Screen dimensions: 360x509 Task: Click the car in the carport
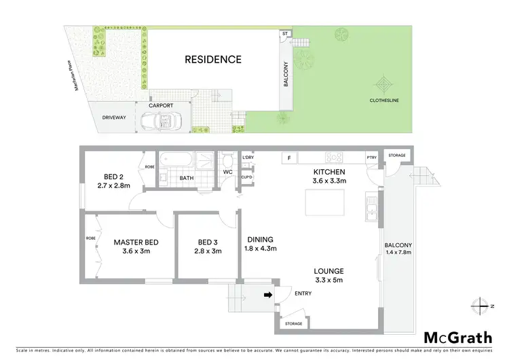pos(160,122)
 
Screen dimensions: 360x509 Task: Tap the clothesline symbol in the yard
pos(385,86)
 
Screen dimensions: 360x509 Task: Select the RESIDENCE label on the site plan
pos(213,60)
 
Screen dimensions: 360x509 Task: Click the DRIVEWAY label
pos(114,118)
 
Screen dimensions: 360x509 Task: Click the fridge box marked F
pos(289,158)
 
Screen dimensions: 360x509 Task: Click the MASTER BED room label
pos(136,242)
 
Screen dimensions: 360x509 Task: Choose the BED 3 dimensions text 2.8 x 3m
pos(208,251)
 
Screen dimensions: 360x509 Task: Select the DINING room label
pos(260,239)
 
